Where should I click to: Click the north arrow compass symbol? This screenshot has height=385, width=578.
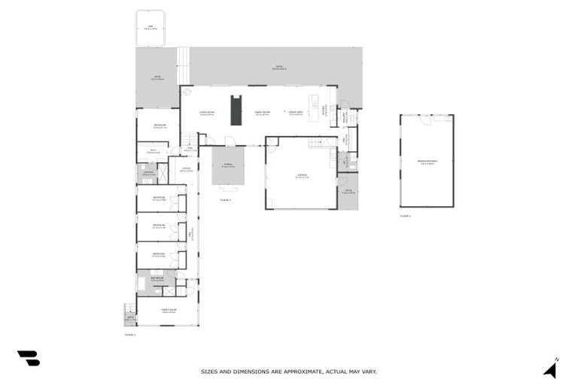point(550,368)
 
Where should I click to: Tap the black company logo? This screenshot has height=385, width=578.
point(29,358)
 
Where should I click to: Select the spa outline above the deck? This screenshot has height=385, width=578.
point(151,29)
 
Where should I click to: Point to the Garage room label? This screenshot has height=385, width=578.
point(302,177)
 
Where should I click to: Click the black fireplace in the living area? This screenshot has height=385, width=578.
point(236,111)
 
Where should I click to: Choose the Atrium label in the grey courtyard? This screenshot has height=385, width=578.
point(228,166)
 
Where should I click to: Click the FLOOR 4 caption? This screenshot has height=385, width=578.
point(406,215)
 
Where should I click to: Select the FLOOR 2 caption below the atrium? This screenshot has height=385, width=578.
point(225,200)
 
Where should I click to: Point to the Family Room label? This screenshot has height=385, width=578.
point(168,311)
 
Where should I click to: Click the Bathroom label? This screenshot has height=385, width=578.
point(157,280)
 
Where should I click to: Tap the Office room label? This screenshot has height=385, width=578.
point(186,169)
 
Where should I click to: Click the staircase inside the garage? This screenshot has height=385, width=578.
point(323,142)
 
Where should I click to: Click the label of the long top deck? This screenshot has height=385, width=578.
point(278,68)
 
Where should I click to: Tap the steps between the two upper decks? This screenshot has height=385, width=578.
point(184,65)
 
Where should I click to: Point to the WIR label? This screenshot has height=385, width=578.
point(153,151)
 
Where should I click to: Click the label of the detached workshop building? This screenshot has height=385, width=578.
point(427,162)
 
